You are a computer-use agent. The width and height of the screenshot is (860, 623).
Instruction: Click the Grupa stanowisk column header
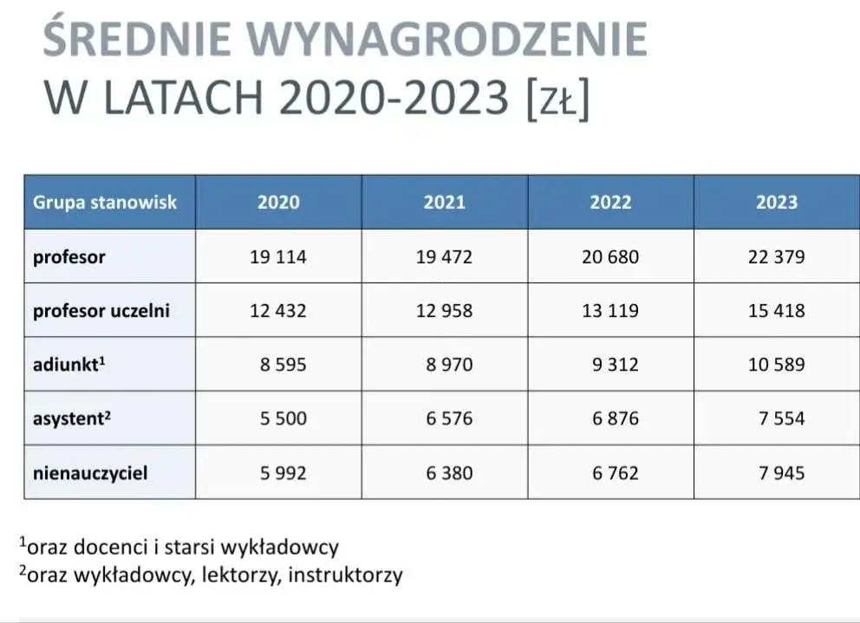pos(105,203)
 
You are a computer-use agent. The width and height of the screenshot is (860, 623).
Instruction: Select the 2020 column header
pos(278,203)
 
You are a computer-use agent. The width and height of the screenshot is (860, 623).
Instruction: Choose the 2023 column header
pos(777,203)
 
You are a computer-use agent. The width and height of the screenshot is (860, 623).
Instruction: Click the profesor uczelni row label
pos(101,310)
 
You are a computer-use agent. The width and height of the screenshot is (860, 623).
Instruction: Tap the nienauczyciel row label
pos(90,473)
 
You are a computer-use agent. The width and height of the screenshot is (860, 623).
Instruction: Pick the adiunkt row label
pos(69,364)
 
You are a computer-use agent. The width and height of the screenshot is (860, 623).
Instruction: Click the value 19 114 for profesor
pos(278,257)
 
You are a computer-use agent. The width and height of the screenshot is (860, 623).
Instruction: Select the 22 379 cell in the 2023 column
pos(777,257)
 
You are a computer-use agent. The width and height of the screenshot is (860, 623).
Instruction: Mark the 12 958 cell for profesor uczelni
pos(445,311)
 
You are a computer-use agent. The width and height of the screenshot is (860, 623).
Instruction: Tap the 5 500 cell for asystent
pos(283,419)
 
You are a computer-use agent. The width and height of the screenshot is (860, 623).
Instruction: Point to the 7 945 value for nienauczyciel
pos(782,473)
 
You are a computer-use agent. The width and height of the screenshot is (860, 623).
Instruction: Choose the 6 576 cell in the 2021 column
pos(449,419)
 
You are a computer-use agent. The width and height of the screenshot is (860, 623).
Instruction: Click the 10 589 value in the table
pos(777,365)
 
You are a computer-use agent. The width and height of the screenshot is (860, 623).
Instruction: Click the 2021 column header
pos(445,203)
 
